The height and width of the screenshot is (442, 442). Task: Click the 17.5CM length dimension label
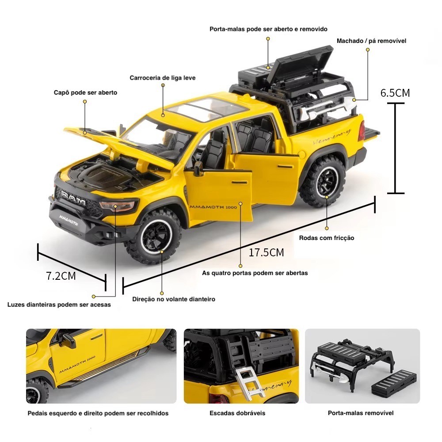click(266, 252)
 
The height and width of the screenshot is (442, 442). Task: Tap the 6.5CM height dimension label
click(395, 93)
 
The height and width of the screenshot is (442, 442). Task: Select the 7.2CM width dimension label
click(61, 276)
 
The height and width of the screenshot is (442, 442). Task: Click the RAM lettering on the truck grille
click(73, 198)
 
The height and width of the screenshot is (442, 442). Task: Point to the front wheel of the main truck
click(154, 235)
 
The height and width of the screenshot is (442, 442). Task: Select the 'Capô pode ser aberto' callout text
click(85, 92)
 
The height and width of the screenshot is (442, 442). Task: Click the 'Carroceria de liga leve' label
click(162, 78)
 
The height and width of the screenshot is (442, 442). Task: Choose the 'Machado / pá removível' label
click(372, 41)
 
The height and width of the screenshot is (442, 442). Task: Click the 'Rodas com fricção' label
click(327, 238)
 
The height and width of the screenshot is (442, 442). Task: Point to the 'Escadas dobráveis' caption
click(237, 413)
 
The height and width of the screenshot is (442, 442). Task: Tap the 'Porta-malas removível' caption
click(361, 413)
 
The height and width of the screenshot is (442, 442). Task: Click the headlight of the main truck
click(117, 206)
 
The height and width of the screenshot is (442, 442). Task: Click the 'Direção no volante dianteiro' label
click(174, 299)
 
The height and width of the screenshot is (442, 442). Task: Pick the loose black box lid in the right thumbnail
click(393, 382)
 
